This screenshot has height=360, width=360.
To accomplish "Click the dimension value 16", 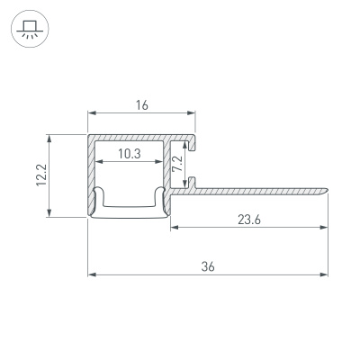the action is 142,105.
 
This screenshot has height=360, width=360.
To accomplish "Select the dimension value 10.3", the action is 130,154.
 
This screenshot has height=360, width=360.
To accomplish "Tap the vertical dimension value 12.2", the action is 41,175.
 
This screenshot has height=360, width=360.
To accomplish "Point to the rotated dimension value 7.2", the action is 177,163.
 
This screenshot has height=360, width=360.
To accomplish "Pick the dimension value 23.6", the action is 249,220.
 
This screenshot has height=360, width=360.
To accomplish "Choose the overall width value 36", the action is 208,266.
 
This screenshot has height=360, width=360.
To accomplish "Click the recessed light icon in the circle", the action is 30,29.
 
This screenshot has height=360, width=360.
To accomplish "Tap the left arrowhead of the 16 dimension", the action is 92,112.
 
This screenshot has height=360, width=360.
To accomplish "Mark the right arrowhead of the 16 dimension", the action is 192,112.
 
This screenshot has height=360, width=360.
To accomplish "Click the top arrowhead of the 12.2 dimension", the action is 49,139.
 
